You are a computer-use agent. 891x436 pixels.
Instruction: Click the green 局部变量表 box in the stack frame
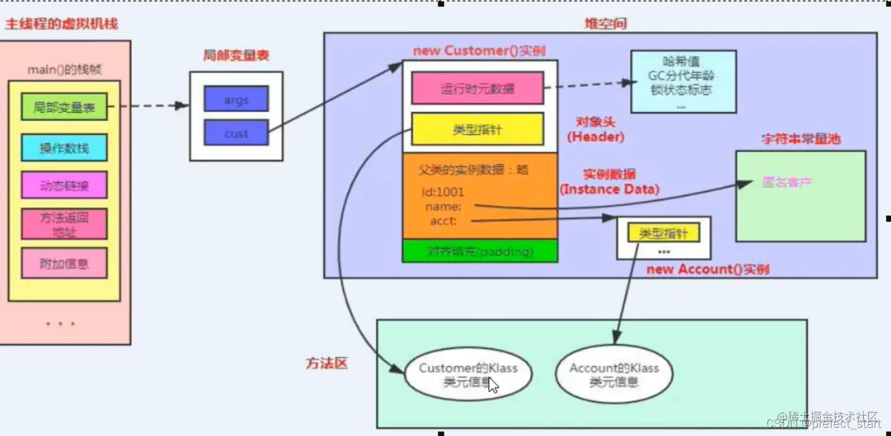point(64,107)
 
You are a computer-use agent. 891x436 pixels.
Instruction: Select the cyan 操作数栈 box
point(64,148)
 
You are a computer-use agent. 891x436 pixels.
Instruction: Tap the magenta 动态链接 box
point(64,185)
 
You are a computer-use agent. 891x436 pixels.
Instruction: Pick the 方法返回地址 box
point(64,224)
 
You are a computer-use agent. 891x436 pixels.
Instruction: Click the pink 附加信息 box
point(64,263)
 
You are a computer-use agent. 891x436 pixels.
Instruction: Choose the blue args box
point(236,100)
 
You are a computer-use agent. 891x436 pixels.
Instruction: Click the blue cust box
point(236,133)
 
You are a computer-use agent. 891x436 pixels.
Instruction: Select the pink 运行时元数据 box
point(477,88)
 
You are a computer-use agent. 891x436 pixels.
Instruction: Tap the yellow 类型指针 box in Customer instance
point(477,129)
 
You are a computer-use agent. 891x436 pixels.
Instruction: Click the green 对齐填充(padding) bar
point(480,251)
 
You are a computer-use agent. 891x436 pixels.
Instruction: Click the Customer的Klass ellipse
point(468,375)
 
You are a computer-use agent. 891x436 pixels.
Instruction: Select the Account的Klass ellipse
point(614,375)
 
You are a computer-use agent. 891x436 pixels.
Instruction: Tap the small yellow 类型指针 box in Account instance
point(664,234)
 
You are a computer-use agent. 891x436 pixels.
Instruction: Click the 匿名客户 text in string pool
point(786,183)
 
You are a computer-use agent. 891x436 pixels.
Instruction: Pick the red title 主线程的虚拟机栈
point(61,25)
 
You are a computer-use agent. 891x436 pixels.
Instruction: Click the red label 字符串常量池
point(801,139)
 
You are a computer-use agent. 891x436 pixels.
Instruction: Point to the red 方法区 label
point(326,364)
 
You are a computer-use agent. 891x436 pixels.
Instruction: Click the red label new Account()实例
point(708,270)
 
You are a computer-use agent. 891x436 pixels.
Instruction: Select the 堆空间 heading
point(606,24)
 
